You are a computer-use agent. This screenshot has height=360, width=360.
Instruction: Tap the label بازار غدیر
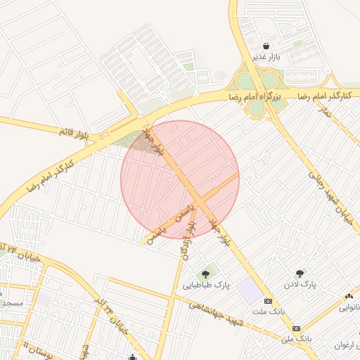point(267,56)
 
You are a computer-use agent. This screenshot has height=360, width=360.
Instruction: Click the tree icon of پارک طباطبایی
point(206,274)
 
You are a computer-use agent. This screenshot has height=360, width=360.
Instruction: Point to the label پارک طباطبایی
point(207,285)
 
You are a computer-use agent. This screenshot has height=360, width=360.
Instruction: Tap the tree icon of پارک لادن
point(301,274)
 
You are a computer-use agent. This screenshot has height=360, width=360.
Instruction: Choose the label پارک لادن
point(302,285)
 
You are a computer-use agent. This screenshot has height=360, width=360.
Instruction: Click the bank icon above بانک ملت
point(267,300)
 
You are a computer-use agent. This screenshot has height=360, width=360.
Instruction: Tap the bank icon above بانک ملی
point(296,328)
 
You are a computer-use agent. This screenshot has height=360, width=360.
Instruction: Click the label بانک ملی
point(296,339)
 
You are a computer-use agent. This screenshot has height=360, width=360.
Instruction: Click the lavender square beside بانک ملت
point(247,290)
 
